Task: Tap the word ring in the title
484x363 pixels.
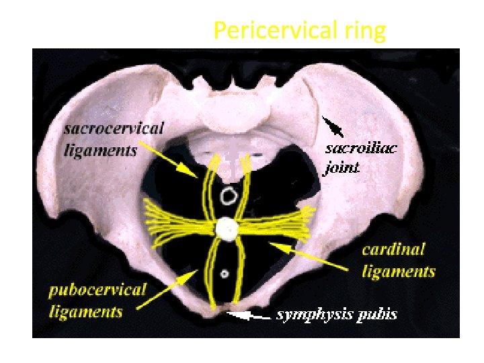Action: (365, 31)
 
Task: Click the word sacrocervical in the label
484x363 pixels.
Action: (115, 129)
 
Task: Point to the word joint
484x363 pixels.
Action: (342, 167)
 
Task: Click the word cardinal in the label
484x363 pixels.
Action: (393, 250)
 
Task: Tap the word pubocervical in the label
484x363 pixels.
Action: (97, 291)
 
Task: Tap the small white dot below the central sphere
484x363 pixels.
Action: (225, 274)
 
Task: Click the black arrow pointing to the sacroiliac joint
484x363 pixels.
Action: (333, 126)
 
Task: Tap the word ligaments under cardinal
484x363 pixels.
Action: (399, 272)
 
